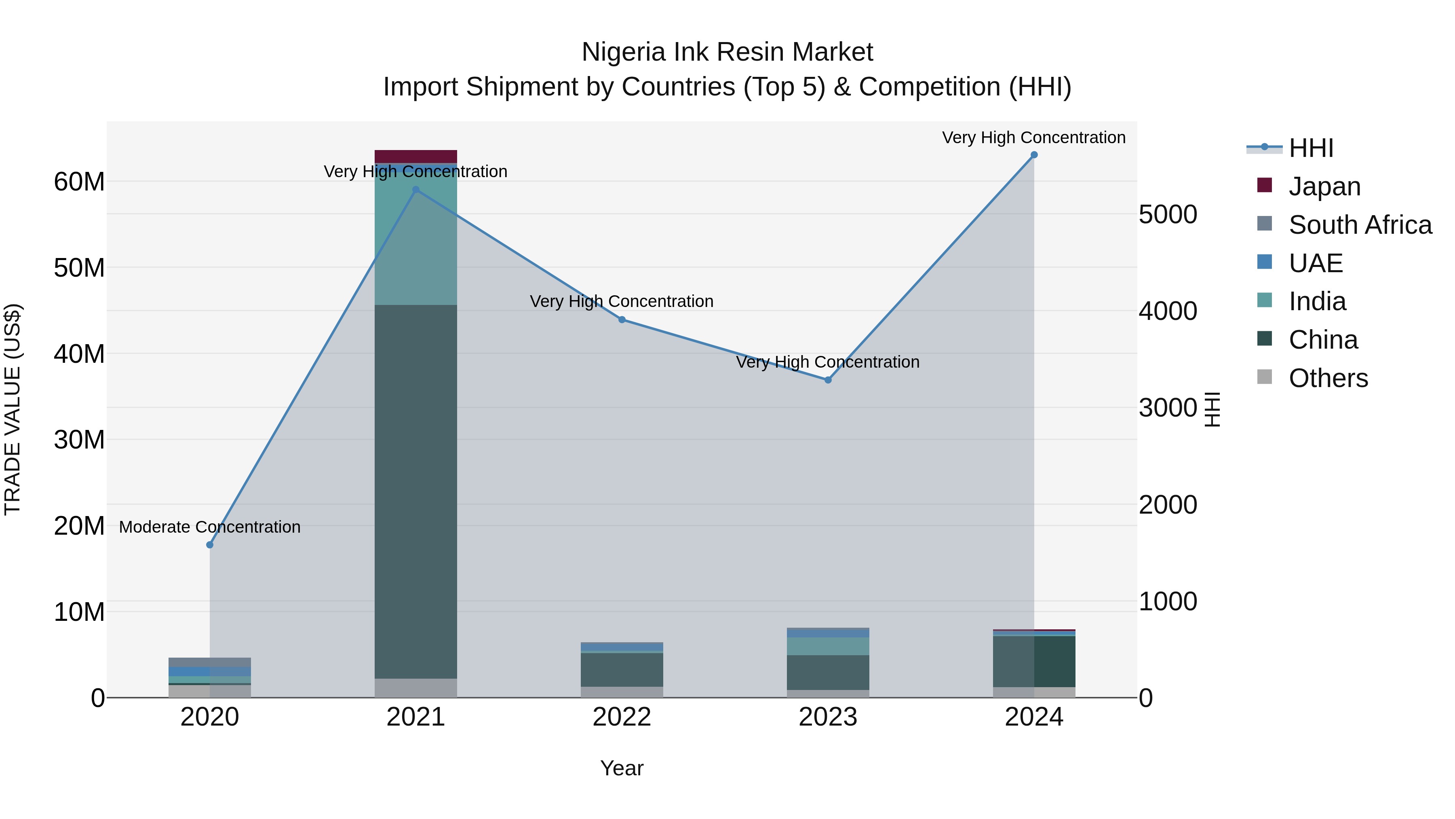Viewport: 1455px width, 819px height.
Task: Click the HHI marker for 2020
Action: pyautogui.click(x=209, y=545)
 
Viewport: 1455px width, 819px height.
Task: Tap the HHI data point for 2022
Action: pyautogui.click(x=622, y=320)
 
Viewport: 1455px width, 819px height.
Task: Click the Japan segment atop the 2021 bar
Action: pyautogui.click(x=416, y=157)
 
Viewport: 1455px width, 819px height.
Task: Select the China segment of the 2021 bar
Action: pyautogui.click(x=416, y=492)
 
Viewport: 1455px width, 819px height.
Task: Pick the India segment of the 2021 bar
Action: pyautogui.click(x=416, y=240)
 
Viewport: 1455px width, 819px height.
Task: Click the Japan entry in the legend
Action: pyautogui.click(x=1324, y=186)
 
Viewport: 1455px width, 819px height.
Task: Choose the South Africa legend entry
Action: pyautogui.click(x=1360, y=225)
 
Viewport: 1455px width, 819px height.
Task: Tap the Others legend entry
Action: pyautogui.click(x=1328, y=378)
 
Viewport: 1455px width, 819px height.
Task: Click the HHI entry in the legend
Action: pyautogui.click(x=1310, y=148)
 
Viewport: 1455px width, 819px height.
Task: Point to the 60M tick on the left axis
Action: pyautogui.click(x=79, y=182)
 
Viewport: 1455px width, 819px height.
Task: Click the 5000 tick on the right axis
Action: pyautogui.click(x=1168, y=215)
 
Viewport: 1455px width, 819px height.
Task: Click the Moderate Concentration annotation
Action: pyautogui.click(x=209, y=527)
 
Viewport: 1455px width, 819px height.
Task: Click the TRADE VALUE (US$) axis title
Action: pyautogui.click(x=13, y=410)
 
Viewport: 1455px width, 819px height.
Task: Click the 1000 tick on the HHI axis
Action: pyautogui.click(x=1168, y=601)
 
